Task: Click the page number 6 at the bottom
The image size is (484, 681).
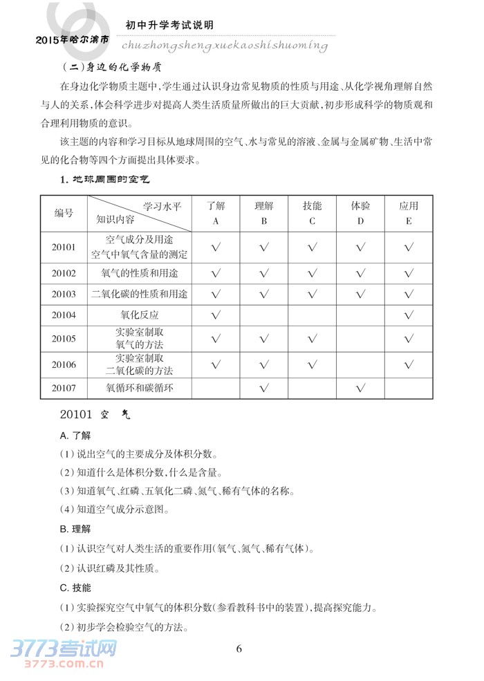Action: coord(239,649)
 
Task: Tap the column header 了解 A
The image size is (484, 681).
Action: coord(216,213)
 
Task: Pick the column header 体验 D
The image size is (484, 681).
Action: coord(360,213)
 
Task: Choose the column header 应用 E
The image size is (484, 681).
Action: coord(409,213)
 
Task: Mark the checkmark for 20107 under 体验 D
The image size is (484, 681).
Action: coord(360,389)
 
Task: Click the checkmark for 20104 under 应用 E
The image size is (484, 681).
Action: coord(409,316)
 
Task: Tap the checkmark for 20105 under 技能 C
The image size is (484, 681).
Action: coord(312,339)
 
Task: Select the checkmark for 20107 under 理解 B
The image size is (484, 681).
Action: coord(263,389)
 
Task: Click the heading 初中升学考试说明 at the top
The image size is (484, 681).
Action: coord(169,25)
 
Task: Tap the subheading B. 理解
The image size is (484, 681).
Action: coord(75,530)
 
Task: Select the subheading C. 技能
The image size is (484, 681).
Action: coord(75,588)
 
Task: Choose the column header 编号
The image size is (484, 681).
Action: coord(64,213)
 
